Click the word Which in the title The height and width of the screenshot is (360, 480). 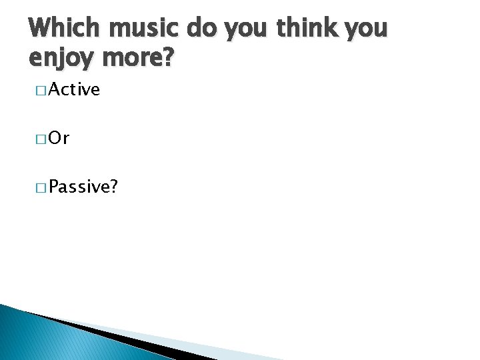click(64, 29)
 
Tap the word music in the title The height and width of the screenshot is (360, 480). click(145, 29)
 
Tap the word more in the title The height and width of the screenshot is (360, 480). click(131, 60)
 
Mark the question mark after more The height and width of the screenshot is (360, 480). click(168, 57)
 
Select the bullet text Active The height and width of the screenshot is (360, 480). click(74, 89)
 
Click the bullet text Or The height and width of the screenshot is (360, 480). click(59, 138)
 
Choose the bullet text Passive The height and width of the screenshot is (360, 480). click(79, 187)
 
